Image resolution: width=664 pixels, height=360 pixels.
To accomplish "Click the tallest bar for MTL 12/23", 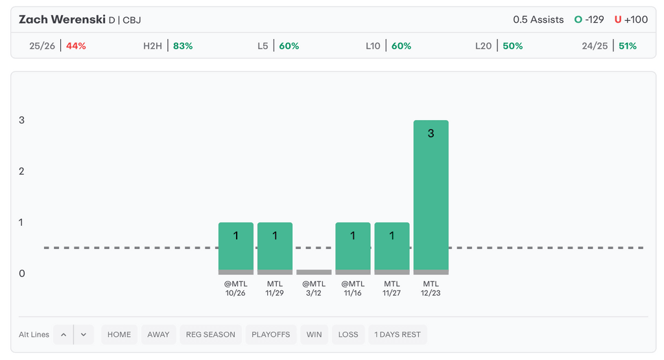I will point(431,195).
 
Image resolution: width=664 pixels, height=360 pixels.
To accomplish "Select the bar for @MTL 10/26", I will point(235,246).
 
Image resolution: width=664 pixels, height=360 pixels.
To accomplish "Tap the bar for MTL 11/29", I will point(275,246).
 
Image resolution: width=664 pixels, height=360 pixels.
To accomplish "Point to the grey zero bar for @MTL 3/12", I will point(314,272).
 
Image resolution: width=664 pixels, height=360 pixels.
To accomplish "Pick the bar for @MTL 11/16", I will point(353,246).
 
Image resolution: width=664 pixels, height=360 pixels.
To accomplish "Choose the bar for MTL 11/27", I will point(392,246).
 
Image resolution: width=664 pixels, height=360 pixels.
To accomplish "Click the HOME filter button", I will point(119,335).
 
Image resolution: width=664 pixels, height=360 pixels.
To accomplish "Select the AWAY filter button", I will point(158,335).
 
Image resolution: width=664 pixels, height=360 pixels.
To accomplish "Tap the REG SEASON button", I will point(211,335).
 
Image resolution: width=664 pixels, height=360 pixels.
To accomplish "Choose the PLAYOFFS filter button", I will point(271,335).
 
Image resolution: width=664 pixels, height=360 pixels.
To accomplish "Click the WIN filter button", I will point(314,335).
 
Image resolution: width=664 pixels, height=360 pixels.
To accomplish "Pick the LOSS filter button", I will point(348,335).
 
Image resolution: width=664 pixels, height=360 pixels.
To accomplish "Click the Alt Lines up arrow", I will point(64,335).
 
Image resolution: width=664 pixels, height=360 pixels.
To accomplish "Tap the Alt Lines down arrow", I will point(84,335).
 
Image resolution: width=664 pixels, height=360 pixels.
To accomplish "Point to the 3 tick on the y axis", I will point(22,121).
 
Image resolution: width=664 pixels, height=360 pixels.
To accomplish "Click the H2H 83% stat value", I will point(182,46).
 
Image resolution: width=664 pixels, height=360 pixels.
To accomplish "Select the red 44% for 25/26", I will point(76,46).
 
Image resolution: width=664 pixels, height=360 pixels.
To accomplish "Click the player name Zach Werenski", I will point(62,19).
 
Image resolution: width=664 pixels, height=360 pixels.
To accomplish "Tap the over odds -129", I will point(594,19).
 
